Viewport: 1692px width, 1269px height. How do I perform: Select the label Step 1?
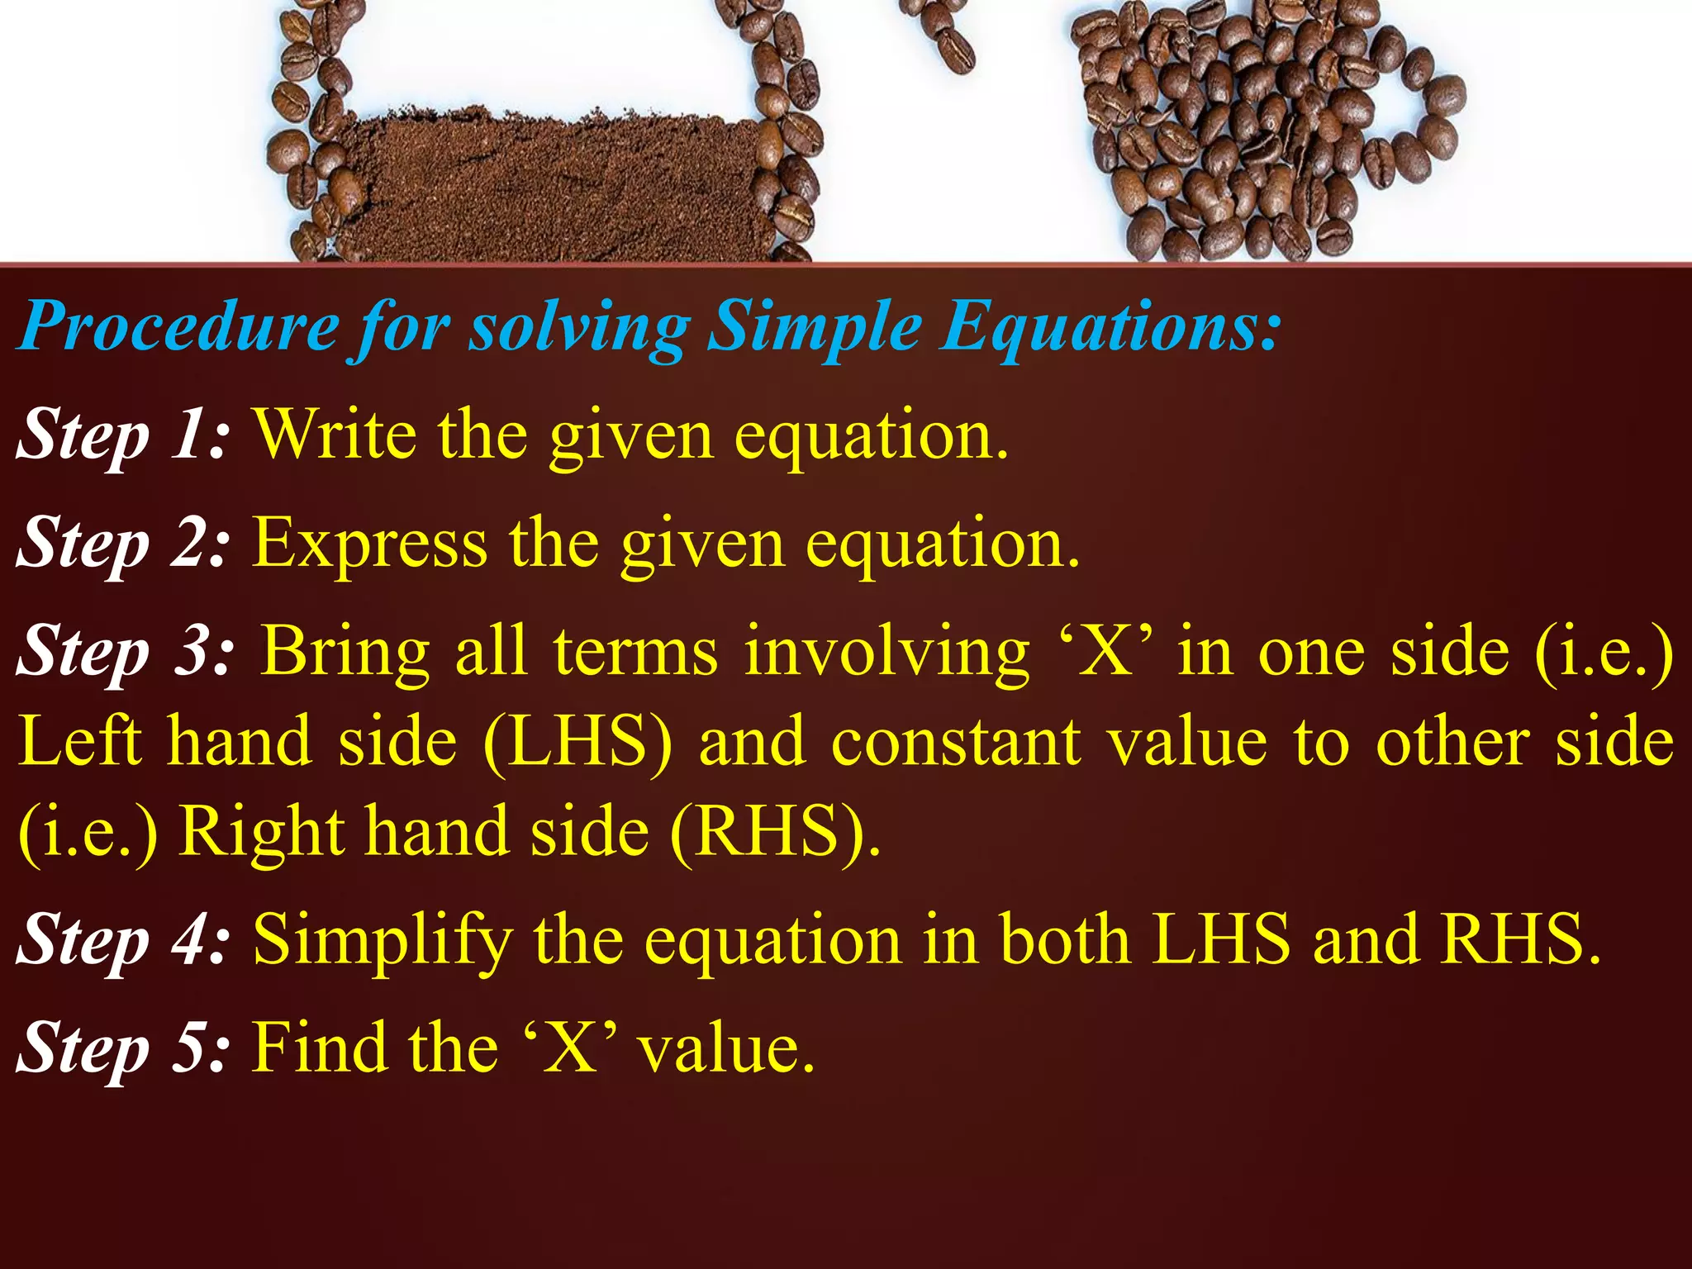pyautogui.click(x=121, y=435)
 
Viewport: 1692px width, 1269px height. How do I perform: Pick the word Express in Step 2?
pyautogui.click(x=369, y=543)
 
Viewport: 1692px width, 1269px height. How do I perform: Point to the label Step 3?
pyautogui.click(x=124, y=651)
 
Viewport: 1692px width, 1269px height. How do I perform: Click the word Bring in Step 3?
pyautogui.click(x=346, y=651)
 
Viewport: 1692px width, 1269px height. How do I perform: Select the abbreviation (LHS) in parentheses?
pyautogui.click(x=577, y=741)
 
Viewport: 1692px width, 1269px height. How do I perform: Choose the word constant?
pyautogui.click(x=956, y=741)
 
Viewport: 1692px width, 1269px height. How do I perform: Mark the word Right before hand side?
pyautogui.click(x=262, y=832)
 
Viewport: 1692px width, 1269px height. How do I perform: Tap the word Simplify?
pyautogui.click(x=383, y=940)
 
